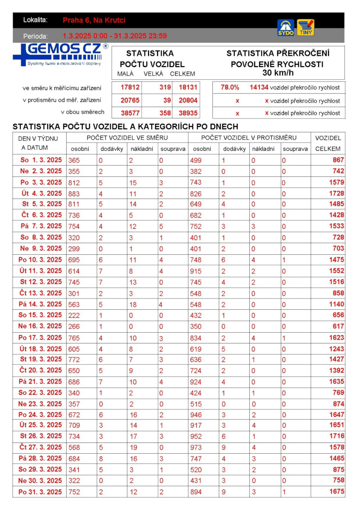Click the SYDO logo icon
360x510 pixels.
coord(286,27)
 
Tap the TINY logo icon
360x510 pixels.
coord(306,27)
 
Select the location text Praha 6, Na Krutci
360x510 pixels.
coord(94,20)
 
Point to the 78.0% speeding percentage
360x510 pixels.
coord(230,88)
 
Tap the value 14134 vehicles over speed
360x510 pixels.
coord(259,88)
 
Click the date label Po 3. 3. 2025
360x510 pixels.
coord(41,182)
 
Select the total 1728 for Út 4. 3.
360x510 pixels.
coord(337,193)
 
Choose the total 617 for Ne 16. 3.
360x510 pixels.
coord(338,326)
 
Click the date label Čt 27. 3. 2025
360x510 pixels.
coord(41,447)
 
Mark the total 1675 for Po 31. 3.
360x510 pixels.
coord(337,492)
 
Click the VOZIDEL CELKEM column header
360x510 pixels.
coord(328,143)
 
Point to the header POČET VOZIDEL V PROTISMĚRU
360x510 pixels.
coord(249,137)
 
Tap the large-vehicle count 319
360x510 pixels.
coord(165,88)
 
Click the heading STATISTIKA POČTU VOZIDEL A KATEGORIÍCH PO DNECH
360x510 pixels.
coord(125,126)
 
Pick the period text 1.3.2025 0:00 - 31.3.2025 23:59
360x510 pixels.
coord(115,36)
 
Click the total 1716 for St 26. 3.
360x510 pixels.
coord(337,436)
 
